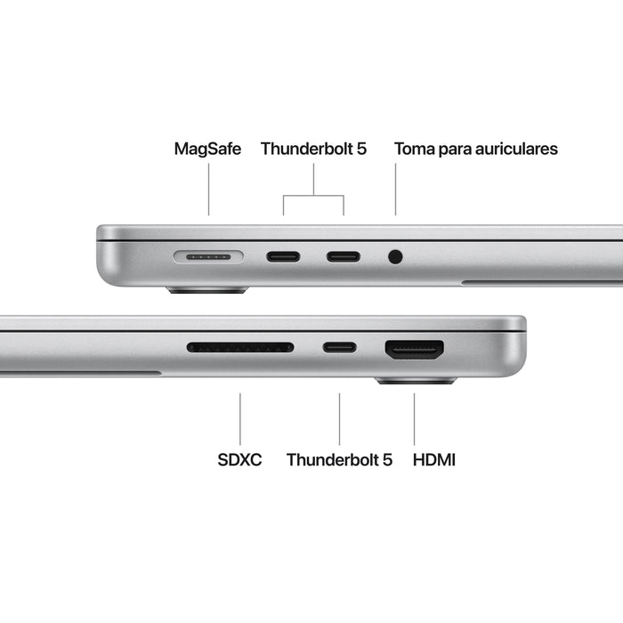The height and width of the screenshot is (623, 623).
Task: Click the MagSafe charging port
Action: pos(208,257)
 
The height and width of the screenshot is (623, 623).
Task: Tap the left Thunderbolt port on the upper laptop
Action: pos(283,257)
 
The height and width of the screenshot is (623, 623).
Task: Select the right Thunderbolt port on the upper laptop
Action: pos(344,257)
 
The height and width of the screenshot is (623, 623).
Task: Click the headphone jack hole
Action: pos(395,257)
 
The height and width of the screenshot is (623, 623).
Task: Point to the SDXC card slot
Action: pos(240,347)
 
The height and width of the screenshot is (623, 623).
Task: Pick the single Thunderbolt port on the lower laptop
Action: pos(339,347)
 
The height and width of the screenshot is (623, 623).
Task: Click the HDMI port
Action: pos(414,349)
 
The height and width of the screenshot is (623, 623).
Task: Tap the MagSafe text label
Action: pos(207,149)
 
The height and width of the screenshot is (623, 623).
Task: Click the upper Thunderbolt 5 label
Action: pos(313,149)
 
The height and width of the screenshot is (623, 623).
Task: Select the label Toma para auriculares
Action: pos(476,149)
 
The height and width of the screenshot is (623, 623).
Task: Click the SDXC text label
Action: pos(239,460)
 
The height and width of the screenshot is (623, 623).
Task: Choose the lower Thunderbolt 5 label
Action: pos(339,460)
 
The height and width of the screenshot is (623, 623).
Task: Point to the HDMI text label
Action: pos(434,460)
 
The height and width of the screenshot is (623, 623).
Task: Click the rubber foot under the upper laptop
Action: pos(206,290)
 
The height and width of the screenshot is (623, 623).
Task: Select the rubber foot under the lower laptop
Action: pos(415,381)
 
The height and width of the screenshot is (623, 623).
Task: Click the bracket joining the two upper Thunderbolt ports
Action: pos(313,196)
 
